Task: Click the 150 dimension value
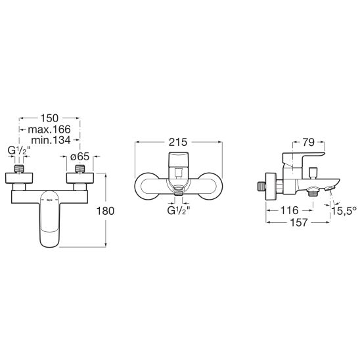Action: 49,118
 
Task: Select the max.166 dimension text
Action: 49,129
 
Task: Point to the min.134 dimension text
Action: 51,140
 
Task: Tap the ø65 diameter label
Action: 80,156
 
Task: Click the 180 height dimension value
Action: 105,211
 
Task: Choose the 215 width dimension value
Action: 178,142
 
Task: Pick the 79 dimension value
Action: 309,143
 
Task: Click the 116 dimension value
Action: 290,210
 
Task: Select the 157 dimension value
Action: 299,222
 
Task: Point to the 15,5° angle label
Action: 344,211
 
